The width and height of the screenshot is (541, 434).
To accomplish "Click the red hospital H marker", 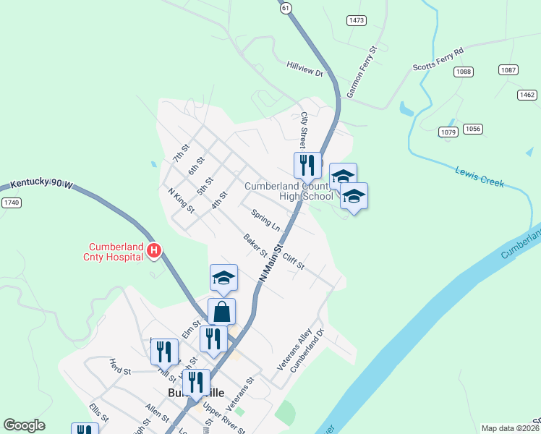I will point(153,251).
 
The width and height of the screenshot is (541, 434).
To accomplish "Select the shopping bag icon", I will point(222,312).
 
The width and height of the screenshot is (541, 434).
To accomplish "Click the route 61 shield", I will point(286,7).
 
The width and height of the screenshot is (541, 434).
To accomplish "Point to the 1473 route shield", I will point(356,20).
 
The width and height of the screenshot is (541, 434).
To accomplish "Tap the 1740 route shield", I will point(10,203).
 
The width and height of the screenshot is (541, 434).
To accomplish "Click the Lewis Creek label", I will point(479,177).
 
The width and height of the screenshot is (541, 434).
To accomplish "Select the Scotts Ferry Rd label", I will point(438,57).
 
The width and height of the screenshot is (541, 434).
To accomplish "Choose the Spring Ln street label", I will point(265,220).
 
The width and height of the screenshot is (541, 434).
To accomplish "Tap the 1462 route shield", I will point(527,95).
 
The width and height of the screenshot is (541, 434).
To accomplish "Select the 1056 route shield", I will point(472,129).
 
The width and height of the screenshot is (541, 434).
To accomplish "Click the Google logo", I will point(24,425).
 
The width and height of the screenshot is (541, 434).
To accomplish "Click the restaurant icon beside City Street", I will point(307,165).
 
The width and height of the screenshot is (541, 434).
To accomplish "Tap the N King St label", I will point(182,200).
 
